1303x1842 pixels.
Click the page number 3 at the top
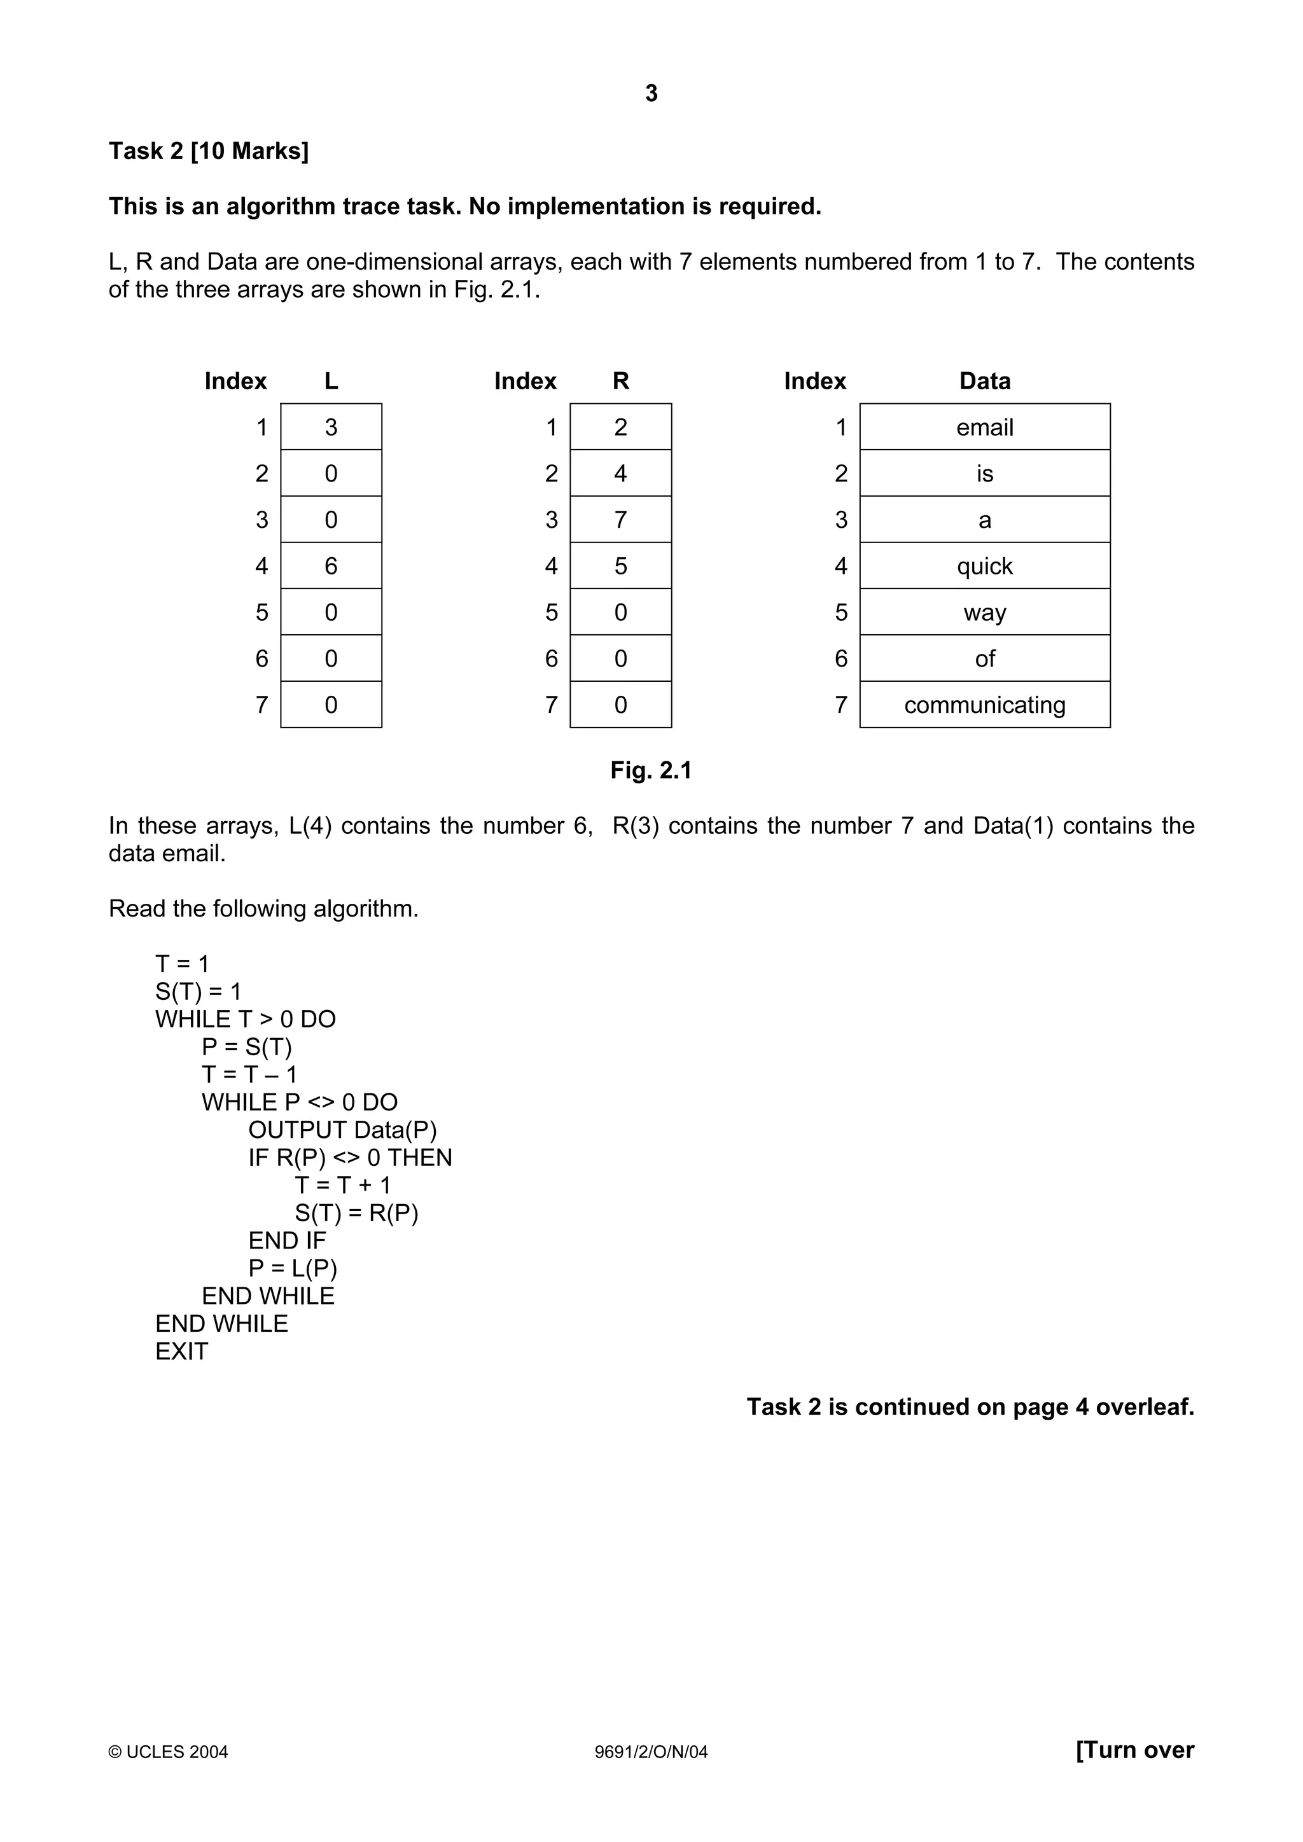pyautogui.click(x=651, y=94)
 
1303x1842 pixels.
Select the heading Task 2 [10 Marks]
pyautogui.click(x=209, y=151)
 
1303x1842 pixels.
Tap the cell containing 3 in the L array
pyautogui.click(x=331, y=427)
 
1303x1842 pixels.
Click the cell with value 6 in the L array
pyautogui.click(x=331, y=565)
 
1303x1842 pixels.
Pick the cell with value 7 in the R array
pyautogui.click(x=620, y=520)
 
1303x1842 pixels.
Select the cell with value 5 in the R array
pyautogui.click(x=620, y=565)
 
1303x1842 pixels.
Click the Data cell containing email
pyautogui.click(x=984, y=427)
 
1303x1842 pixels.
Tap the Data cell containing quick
pyautogui.click(x=984, y=565)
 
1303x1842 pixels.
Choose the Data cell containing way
pyautogui.click(x=984, y=612)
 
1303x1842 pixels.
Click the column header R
pyautogui.click(x=620, y=381)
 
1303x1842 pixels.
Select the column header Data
pyautogui.click(x=984, y=381)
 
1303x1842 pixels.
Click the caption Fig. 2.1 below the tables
pyautogui.click(x=651, y=770)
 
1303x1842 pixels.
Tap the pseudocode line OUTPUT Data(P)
pyautogui.click(x=342, y=1130)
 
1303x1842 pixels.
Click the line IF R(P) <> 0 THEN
pyautogui.click(x=350, y=1158)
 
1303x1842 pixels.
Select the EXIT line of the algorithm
pyautogui.click(x=181, y=1352)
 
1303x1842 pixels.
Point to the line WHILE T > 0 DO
pyautogui.click(x=246, y=1019)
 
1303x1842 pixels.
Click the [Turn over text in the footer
pyautogui.click(x=1134, y=1749)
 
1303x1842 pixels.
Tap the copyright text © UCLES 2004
pyautogui.click(x=169, y=1751)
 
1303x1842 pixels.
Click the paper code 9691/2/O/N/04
pyautogui.click(x=651, y=1751)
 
